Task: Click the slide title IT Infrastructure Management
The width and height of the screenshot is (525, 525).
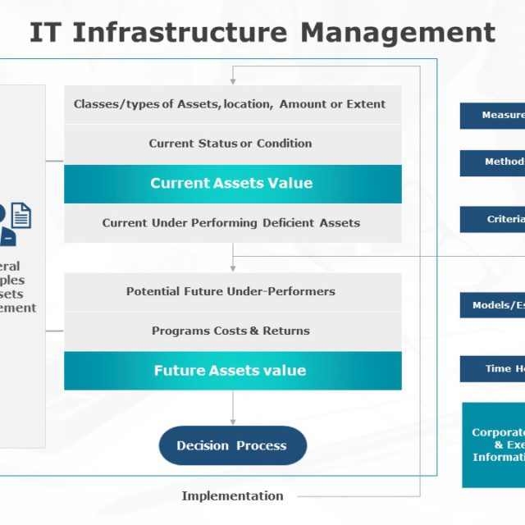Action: click(x=262, y=33)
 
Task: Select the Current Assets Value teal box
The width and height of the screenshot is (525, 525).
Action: click(x=233, y=184)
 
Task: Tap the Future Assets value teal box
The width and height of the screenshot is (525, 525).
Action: click(x=233, y=371)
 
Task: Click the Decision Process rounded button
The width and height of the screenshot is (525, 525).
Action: click(x=232, y=445)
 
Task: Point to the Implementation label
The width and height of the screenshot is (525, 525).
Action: click(x=232, y=495)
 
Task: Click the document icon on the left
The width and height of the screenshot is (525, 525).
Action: click(x=21, y=216)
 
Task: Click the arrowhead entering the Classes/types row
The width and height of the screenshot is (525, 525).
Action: click(x=233, y=81)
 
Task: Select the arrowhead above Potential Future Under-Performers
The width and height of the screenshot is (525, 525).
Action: click(x=233, y=267)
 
